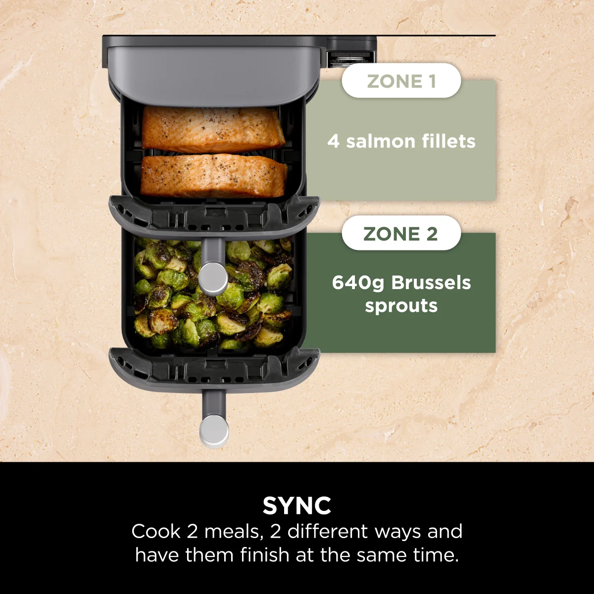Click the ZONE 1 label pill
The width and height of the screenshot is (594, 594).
click(401, 81)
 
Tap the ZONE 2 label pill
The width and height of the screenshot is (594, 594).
click(401, 233)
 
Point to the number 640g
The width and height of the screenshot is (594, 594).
click(359, 283)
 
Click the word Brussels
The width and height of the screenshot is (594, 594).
click(431, 283)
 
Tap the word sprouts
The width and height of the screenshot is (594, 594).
click(401, 306)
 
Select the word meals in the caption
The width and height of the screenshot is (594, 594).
click(233, 532)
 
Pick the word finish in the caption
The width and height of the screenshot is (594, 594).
click(265, 555)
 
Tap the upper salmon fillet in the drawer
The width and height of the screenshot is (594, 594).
click(213, 130)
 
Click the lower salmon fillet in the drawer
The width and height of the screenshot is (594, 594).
click(214, 176)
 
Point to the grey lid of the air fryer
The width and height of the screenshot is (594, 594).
click(213, 69)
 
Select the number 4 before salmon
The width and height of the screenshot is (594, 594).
click(333, 142)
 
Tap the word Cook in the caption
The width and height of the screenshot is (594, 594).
click(156, 532)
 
